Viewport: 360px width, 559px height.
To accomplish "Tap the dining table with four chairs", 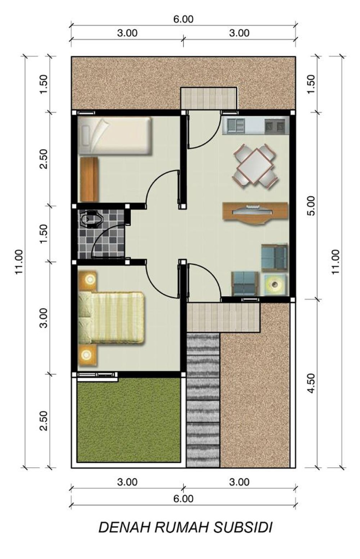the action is point(255,165).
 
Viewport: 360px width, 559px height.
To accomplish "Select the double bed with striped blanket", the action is point(111,318).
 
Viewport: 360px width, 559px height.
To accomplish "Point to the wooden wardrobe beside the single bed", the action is point(89,179).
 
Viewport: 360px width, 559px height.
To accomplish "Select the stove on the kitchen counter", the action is point(275,125).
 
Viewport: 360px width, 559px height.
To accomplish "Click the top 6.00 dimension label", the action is point(184,19).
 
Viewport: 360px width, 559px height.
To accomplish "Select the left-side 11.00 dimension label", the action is point(19,262).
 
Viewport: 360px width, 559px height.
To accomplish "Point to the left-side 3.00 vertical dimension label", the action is point(44,318).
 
